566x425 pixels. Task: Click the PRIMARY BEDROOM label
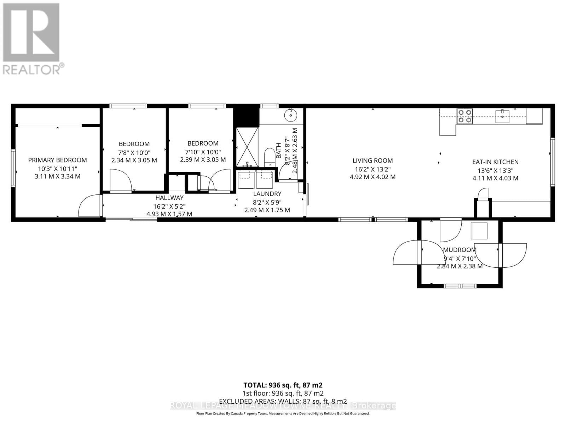[57, 160]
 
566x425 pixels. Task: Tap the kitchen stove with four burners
[464, 116]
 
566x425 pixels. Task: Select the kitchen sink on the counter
[502, 116]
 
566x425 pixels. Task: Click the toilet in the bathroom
[270, 157]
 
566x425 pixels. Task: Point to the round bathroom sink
[291, 115]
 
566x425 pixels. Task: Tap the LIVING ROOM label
[372, 160]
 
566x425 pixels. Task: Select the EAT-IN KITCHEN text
[495, 162]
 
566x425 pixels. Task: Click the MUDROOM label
[459, 250]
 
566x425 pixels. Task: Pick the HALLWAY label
[169, 198]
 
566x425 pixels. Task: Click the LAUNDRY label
[267, 194]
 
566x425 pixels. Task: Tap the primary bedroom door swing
[88, 206]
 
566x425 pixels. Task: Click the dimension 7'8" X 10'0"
[134, 152]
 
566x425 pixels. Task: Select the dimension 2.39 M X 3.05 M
[203, 160]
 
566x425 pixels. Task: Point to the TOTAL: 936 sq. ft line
[283, 385]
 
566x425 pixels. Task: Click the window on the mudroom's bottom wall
[460, 285]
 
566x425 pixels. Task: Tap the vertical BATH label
[278, 150]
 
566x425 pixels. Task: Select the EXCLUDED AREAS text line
[283, 401]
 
